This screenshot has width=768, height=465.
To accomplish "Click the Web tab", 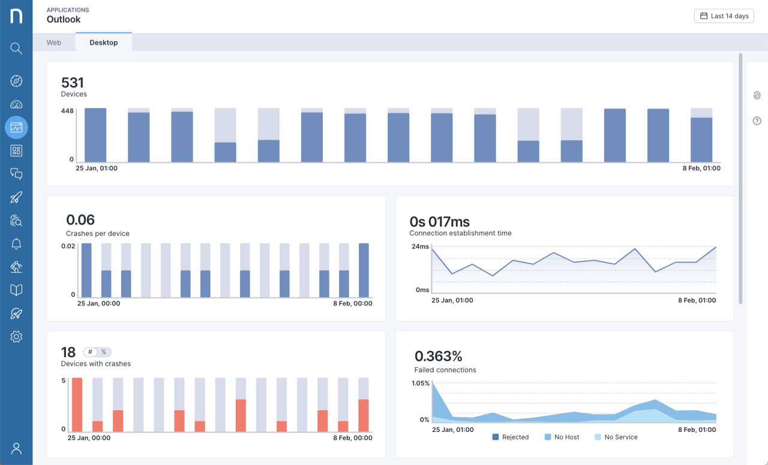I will click(54, 43).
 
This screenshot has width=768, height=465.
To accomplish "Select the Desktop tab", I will click(104, 43).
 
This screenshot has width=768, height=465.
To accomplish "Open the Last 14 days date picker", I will click(724, 16).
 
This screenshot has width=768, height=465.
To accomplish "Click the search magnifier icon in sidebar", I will click(16, 49).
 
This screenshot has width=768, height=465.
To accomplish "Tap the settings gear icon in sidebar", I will click(16, 337).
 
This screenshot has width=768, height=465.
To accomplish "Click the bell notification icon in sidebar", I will click(16, 244).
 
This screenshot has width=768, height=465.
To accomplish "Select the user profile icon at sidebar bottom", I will click(16, 448).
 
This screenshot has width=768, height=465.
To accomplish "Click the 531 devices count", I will click(73, 83).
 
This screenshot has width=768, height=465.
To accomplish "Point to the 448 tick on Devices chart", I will click(67, 111).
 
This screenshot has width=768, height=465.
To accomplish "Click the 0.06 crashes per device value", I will click(80, 220).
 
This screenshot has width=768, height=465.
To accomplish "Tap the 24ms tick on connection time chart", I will click(420, 247).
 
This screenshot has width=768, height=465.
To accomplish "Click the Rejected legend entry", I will click(510, 437).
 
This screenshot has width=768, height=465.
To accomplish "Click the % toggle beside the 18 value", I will click(104, 352).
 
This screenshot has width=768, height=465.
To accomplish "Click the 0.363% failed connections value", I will click(438, 356).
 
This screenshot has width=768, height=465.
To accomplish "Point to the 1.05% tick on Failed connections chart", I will click(421, 383).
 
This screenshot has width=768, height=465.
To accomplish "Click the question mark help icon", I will click(757, 121).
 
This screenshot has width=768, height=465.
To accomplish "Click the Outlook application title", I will click(64, 20).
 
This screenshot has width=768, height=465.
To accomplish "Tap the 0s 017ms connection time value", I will click(439, 222).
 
